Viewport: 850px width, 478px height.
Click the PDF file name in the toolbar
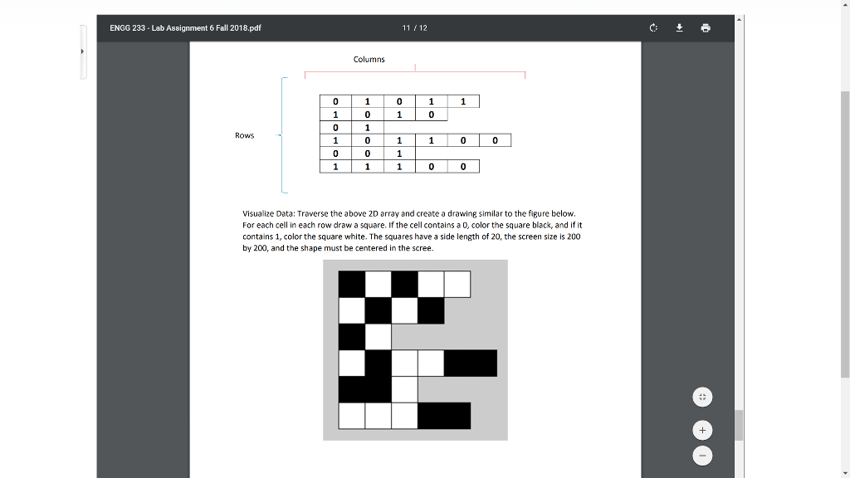point(185,28)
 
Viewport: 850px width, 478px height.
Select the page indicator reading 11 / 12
point(414,28)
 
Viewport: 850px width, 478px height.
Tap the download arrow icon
point(679,27)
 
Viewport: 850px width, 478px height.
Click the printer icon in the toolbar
point(706,27)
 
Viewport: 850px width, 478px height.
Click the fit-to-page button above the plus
point(702,398)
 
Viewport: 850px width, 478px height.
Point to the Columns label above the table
point(369,59)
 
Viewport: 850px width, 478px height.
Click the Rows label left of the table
point(244,135)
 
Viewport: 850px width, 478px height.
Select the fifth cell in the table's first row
point(463,101)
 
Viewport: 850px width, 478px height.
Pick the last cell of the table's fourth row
point(495,140)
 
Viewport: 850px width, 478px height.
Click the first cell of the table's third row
point(335,128)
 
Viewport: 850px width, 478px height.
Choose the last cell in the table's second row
point(431,115)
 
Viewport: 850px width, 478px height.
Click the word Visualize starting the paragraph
point(257,213)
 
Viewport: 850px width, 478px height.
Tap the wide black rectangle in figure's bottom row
point(443,415)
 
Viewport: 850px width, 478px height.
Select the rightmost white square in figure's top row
point(457,285)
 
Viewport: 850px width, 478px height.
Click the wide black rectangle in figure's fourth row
point(470,363)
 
